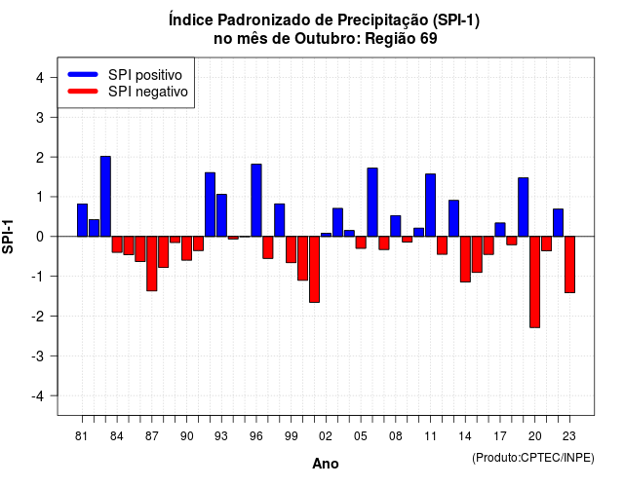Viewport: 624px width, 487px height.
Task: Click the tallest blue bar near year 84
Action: coord(105,197)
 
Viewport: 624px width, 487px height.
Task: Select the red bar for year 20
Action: coord(535,281)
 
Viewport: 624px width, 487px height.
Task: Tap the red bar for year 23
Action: coord(569,264)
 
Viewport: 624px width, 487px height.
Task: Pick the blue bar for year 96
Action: coord(256,201)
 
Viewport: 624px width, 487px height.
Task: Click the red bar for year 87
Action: coord(152,264)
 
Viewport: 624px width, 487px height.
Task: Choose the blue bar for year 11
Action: coord(430,206)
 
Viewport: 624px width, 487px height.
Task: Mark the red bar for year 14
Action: coord(465,259)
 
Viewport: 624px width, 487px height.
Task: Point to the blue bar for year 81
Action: coord(82,220)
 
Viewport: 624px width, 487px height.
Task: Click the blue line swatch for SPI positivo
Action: coord(83,74)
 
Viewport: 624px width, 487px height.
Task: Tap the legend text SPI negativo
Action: coord(148,92)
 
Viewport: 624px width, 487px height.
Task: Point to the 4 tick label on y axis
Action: coord(40,78)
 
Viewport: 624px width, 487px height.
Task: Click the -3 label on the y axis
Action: coord(37,356)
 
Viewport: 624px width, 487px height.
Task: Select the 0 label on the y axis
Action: coord(40,237)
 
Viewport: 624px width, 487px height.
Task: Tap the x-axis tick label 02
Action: coord(326,436)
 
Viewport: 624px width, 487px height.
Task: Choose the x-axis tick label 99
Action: coord(292,436)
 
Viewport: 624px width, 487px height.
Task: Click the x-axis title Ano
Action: coord(326,464)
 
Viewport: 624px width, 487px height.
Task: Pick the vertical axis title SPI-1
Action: coord(8,237)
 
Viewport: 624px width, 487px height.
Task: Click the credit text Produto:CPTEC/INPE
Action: coord(533,458)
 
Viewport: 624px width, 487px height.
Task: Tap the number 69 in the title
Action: coord(429,39)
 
